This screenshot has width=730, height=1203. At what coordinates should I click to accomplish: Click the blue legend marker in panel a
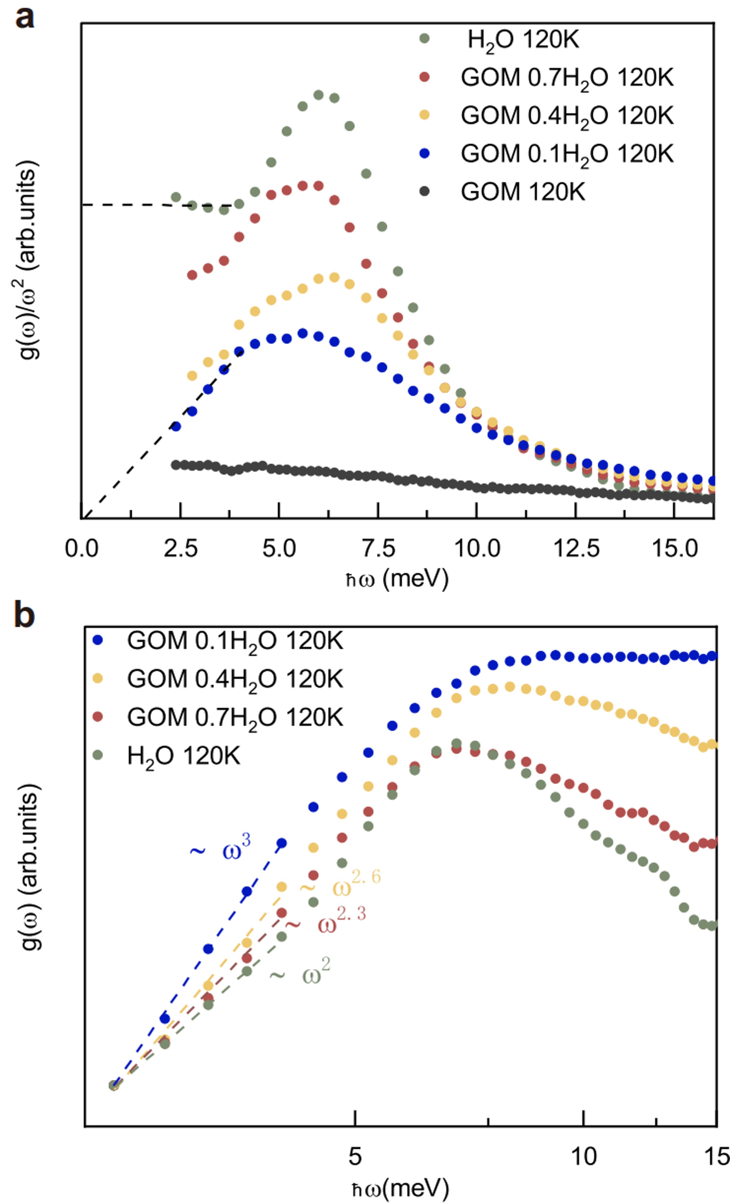coord(424,153)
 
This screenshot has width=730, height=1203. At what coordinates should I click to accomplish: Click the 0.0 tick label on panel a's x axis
coord(82,549)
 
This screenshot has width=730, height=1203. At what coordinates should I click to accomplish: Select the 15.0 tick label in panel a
coord(675,549)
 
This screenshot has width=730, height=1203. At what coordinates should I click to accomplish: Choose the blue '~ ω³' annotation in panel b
coord(221,850)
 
